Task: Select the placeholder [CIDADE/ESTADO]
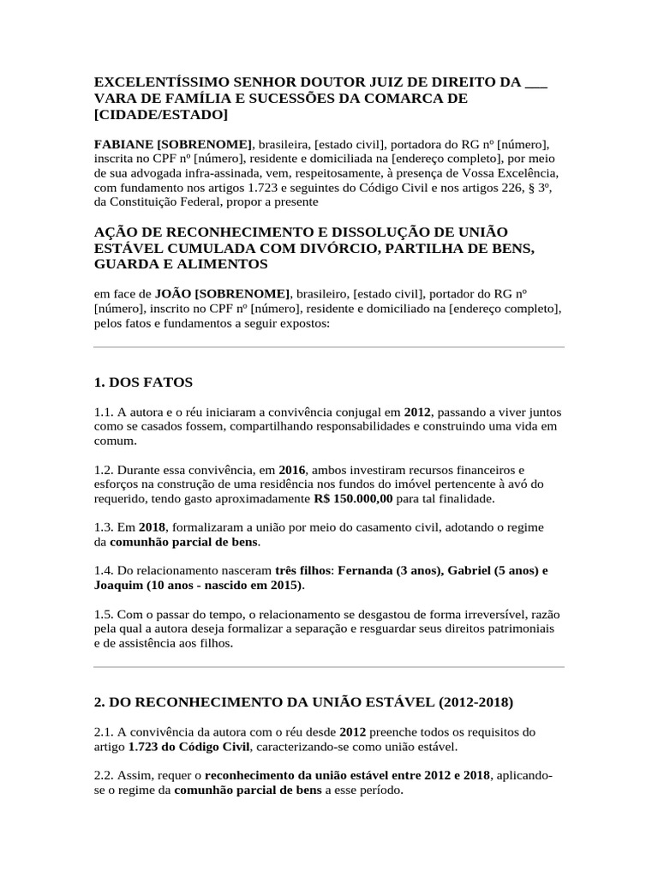coord(162,114)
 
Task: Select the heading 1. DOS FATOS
coord(144,382)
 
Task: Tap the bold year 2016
coord(292,469)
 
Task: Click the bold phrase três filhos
coord(302,570)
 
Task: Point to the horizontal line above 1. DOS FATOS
coord(329,347)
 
